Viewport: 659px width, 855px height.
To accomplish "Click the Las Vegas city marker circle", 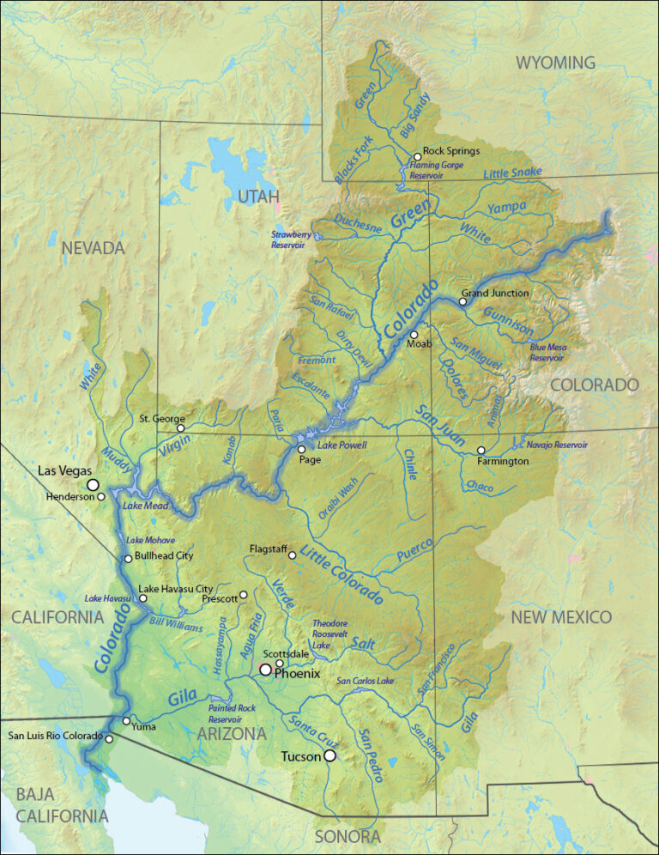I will coord(93,485).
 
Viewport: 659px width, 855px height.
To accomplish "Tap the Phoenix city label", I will coord(297,674).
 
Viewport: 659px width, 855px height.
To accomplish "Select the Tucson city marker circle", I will coord(329,756).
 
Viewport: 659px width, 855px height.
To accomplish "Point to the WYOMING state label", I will coord(555,63).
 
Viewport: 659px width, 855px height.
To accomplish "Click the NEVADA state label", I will coord(93,248).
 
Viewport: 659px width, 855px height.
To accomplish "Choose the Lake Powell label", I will coord(342,446).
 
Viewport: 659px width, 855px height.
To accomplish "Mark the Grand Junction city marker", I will coord(463,301).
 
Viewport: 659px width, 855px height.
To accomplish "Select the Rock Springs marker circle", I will coord(417,157).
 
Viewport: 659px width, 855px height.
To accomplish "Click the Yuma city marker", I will coord(126,720).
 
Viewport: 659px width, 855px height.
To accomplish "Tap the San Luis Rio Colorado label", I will coord(55,736).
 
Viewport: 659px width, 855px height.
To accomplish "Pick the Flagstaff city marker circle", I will coord(292,555).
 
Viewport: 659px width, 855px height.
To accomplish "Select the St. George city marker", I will coord(180,427).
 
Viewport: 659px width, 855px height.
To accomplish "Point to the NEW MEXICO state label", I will coord(561,617).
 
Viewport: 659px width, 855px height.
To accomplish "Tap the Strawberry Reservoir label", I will coord(288,239).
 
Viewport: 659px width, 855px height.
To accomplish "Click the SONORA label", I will coord(347,836).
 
